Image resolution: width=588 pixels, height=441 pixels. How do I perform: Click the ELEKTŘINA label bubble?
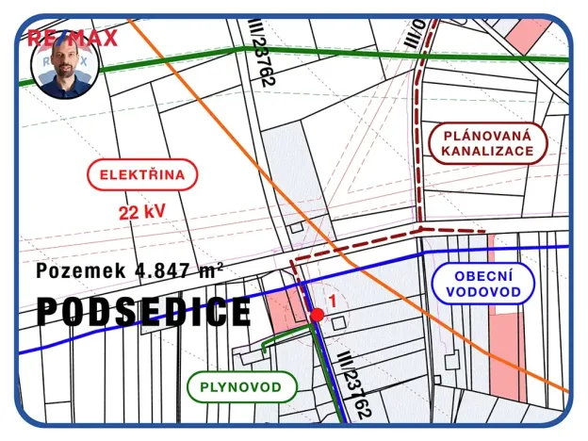(142, 174)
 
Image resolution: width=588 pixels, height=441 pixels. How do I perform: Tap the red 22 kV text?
(143, 211)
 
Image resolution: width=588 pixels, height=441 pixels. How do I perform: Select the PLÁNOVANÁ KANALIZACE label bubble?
(486, 143)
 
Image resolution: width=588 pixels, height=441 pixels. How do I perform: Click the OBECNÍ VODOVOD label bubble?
(483, 284)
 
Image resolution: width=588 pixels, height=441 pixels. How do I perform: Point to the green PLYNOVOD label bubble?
(242, 386)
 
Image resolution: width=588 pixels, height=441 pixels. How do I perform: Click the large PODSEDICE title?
(144, 312)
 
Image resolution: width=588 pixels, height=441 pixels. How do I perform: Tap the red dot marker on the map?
(318, 315)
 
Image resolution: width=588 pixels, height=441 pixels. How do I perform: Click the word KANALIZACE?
(486, 152)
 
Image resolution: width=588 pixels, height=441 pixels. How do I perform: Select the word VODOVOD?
(483, 292)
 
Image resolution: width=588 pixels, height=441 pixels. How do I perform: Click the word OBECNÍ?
(483, 275)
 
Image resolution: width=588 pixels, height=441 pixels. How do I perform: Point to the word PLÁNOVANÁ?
(486, 135)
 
